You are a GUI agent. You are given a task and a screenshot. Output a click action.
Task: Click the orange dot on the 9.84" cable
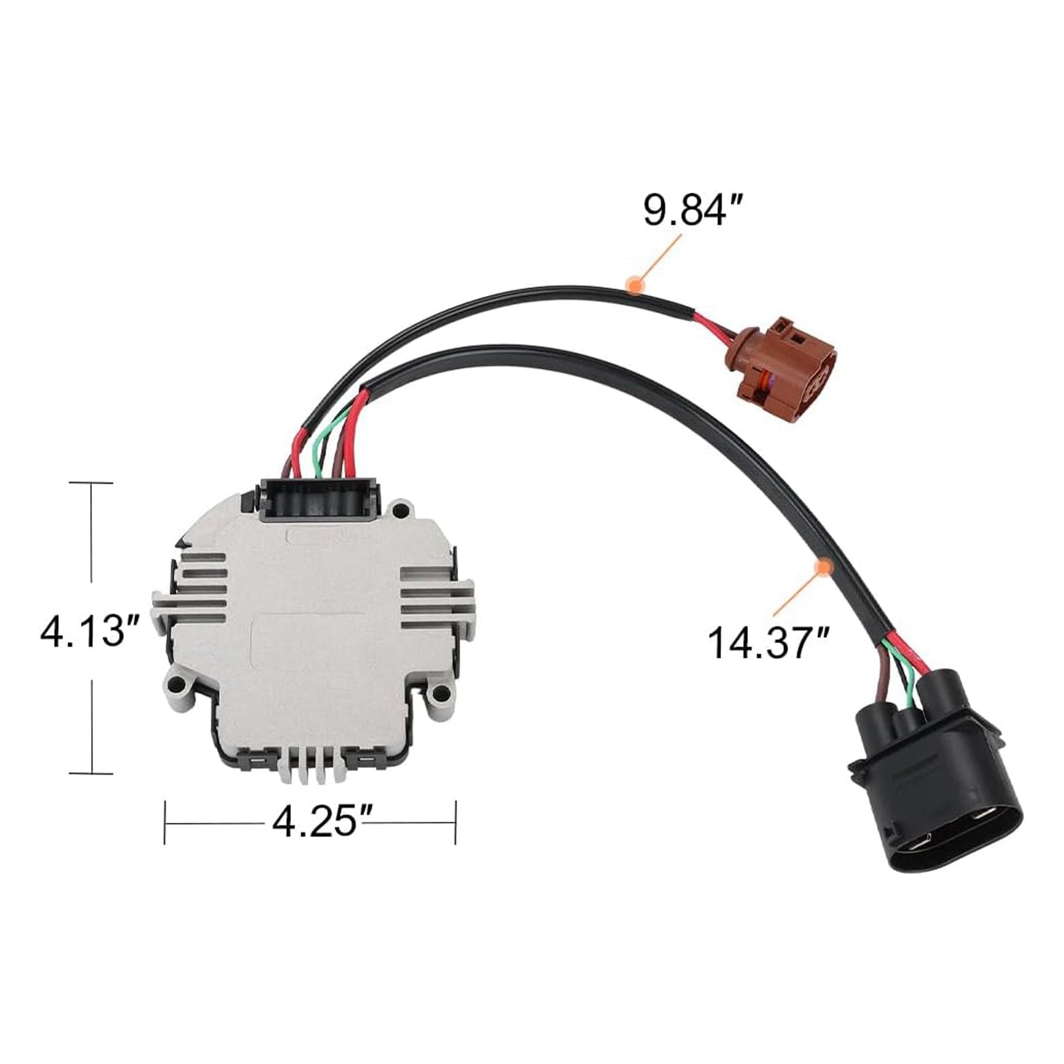tap(633, 283)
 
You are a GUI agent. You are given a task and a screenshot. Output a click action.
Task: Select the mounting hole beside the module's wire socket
tap(401, 508)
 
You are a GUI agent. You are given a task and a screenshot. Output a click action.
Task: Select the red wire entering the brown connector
tap(711, 325)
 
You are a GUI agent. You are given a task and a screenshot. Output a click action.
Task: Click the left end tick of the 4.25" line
tap(165, 822)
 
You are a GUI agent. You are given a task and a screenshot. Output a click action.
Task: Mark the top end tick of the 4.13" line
tap(91, 483)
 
